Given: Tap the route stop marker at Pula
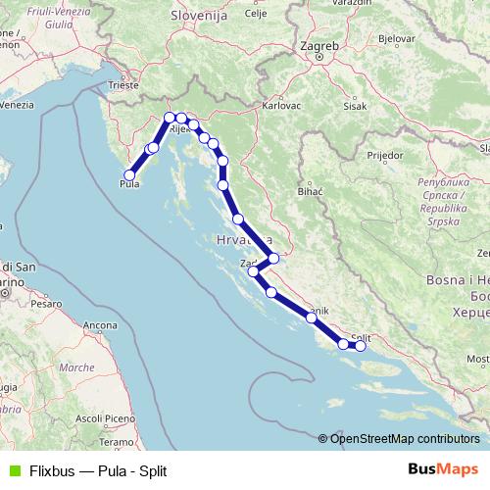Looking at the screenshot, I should pos(129,175).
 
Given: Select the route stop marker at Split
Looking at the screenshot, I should pos(361,345).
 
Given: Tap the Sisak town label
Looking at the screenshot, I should pos(356,106).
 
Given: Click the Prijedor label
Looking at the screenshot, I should pos(384,155).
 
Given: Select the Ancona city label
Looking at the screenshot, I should pos(100,324).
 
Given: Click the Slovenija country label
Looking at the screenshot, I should pos(198,17).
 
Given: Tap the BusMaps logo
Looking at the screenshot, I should pos(443,468).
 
